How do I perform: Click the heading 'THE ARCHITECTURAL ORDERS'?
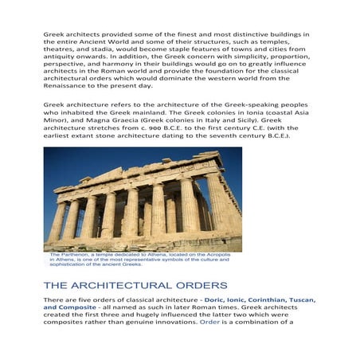135,284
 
